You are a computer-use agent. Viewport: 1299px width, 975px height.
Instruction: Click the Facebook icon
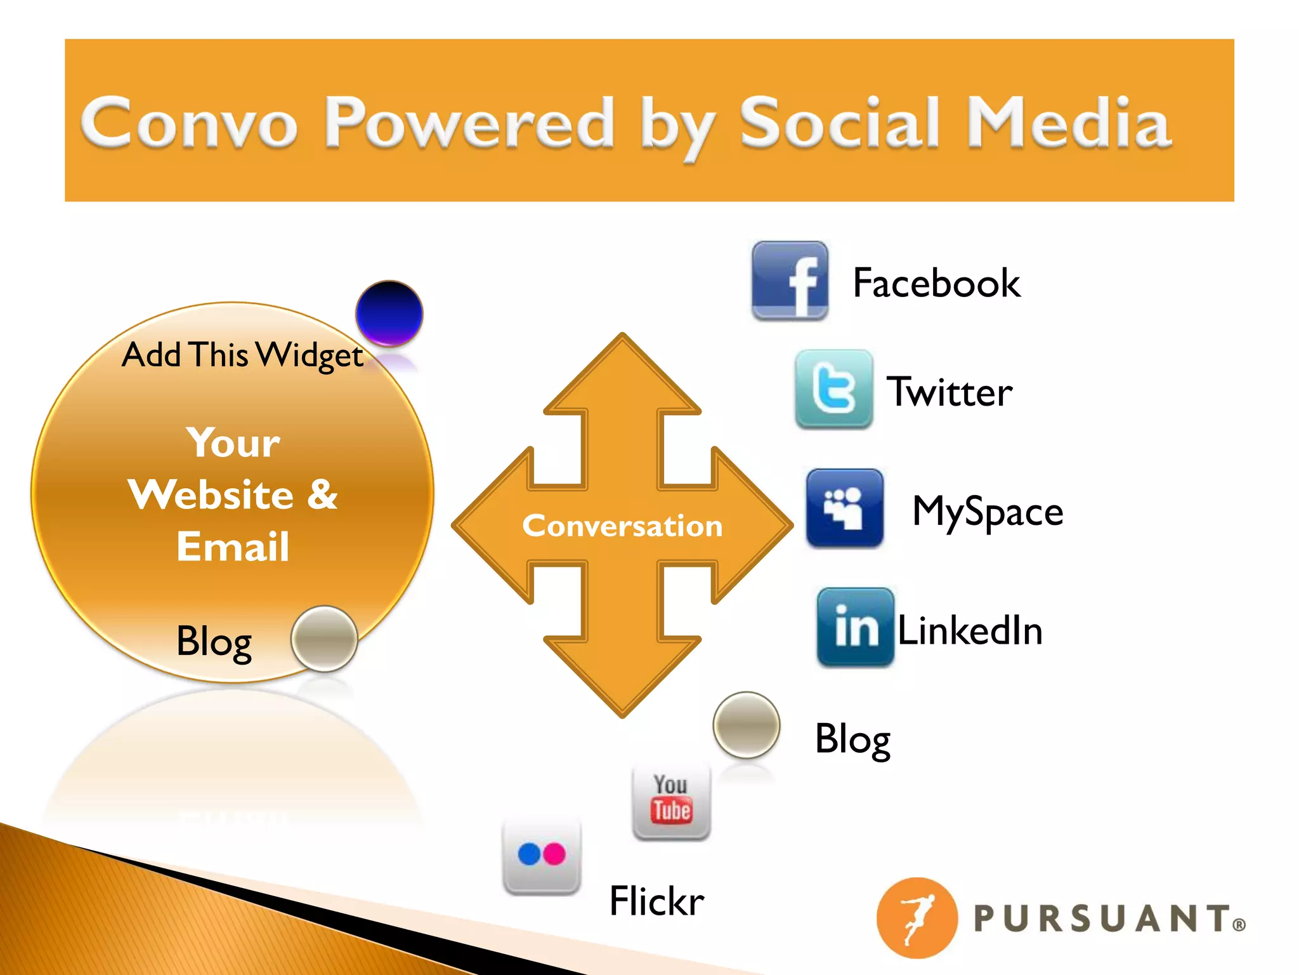click(x=790, y=280)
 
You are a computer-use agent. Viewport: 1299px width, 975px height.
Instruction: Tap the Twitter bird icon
click(x=833, y=388)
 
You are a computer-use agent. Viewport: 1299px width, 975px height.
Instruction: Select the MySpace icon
click(x=844, y=507)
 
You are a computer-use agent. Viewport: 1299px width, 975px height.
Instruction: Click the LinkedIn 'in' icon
click(x=856, y=627)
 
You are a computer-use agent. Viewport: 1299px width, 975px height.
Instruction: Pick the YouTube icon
click(x=671, y=802)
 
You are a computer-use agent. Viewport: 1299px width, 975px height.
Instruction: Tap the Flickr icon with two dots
click(x=541, y=855)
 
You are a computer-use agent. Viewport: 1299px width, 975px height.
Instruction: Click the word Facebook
click(x=936, y=282)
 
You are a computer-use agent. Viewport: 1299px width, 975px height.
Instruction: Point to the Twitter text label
click(x=949, y=392)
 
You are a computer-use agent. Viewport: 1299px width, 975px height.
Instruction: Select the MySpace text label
click(x=987, y=511)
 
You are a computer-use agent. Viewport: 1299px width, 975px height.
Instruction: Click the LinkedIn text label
click(x=970, y=630)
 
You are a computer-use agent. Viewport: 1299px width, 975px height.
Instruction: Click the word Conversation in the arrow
click(x=622, y=526)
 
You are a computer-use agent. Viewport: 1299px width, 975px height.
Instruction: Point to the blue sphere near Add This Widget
click(x=389, y=314)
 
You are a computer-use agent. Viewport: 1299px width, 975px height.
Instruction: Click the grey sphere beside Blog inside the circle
click(x=324, y=639)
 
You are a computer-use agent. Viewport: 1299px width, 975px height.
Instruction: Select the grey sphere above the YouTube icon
click(x=747, y=725)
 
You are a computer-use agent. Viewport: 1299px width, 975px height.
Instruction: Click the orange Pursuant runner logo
click(x=917, y=918)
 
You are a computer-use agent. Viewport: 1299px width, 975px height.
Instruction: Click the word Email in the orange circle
click(x=233, y=547)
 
